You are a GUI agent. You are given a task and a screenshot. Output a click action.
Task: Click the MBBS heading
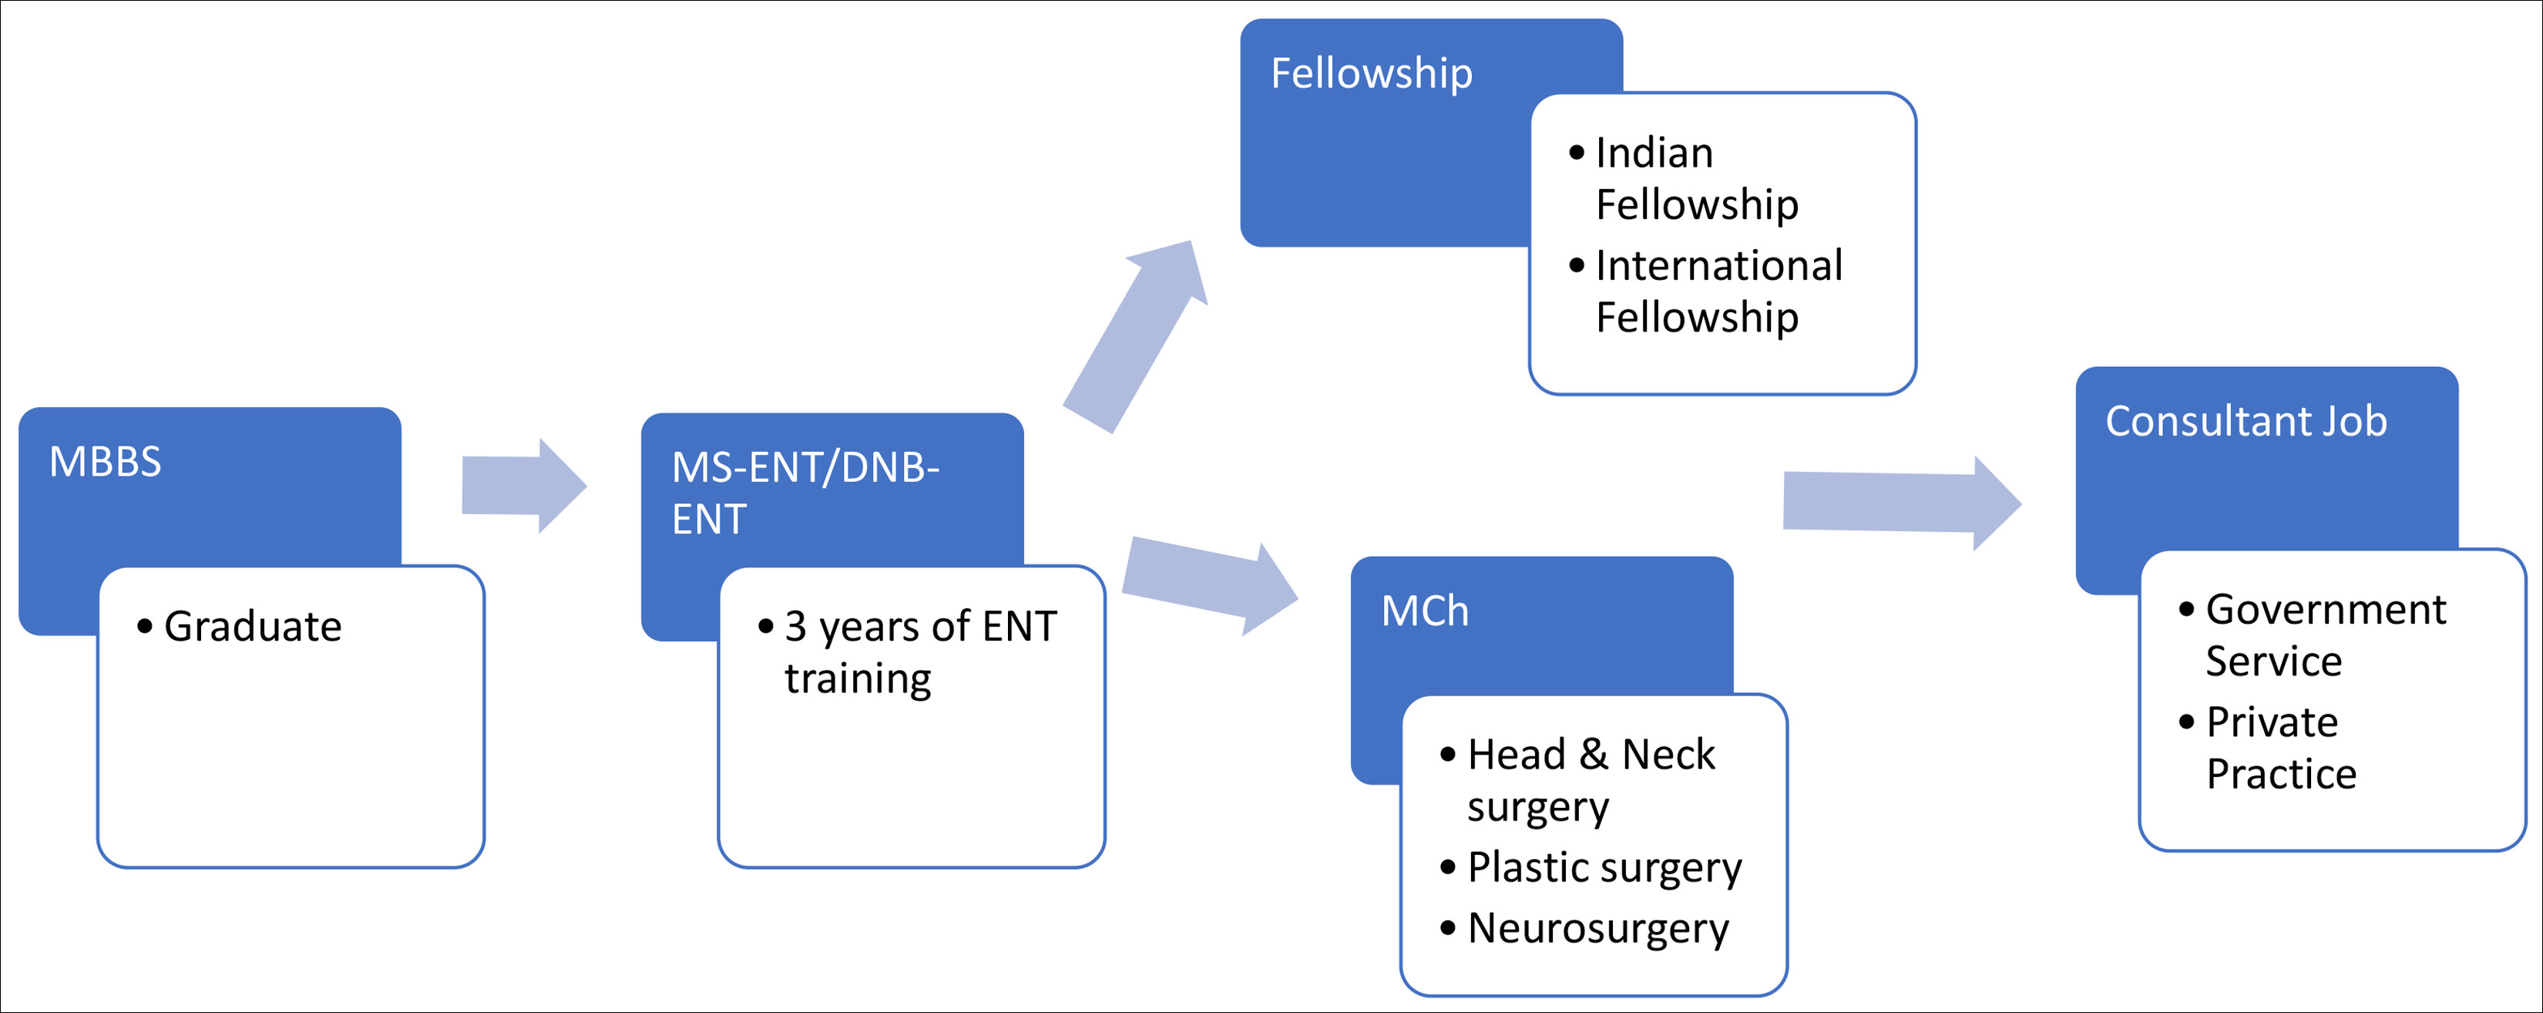pos(105,462)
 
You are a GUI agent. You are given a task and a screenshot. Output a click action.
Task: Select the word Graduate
pos(253,627)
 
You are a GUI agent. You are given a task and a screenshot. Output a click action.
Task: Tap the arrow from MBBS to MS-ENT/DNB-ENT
pos(524,486)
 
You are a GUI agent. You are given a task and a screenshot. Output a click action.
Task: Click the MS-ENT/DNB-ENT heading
pos(805,493)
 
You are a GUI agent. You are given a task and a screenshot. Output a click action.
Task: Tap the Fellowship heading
pos(1371,74)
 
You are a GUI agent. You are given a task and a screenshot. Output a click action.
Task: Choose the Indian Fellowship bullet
pos(1696,179)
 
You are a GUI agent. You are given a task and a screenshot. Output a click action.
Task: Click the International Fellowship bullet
pos(1718,291)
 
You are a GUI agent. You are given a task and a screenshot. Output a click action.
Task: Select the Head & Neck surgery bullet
pos(1589,780)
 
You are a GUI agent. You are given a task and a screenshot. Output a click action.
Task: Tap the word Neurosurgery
pos(1597,929)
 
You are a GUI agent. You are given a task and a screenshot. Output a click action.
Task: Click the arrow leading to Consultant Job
pos(1901,503)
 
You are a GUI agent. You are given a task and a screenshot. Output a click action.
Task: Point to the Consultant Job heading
pos(2246,422)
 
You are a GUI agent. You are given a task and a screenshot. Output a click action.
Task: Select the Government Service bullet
pos(2325,634)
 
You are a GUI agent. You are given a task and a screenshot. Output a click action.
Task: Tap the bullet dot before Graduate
pos(145,627)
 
